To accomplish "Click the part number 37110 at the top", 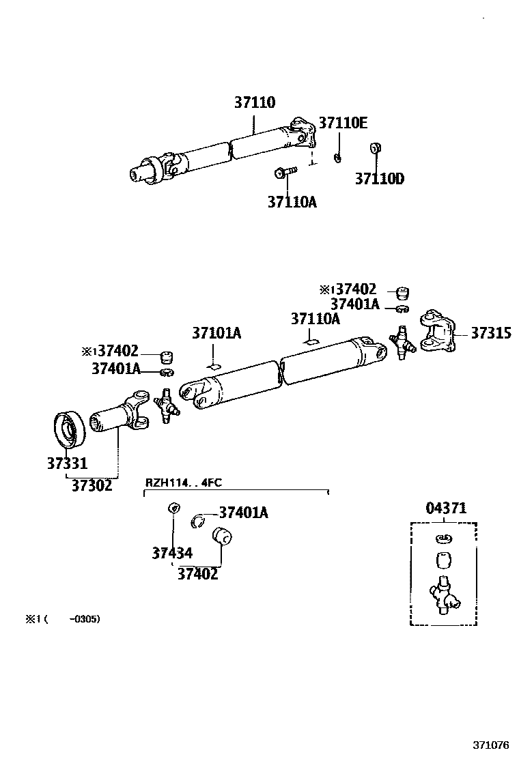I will [x=255, y=103].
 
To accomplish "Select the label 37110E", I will [x=343, y=123].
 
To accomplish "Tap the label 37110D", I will [x=379, y=180].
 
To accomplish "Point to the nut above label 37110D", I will [x=374, y=148].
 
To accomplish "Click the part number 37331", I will [x=67, y=464].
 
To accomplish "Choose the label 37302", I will [x=92, y=486].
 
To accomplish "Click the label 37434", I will [x=172, y=554].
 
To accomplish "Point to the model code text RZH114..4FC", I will [x=182, y=483].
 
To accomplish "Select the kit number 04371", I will [x=446, y=509].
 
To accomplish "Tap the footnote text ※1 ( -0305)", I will [x=63, y=619].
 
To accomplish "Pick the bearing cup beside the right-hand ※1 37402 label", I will [x=404, y=292].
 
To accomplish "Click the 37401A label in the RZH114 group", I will [x=243, y=513].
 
